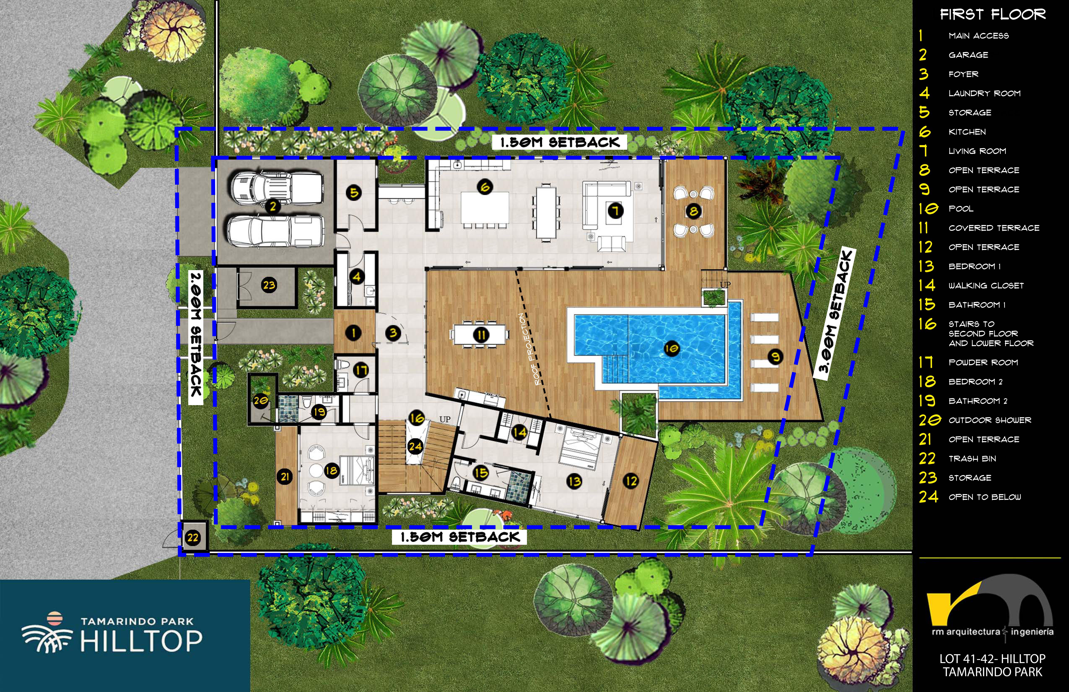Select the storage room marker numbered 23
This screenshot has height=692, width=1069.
click(269, 285)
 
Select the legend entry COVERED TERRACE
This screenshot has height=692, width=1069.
click(994, 228)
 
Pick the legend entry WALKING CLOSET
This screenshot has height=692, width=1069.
click(986, 285)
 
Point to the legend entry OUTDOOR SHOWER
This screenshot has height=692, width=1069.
click(990, 420)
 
